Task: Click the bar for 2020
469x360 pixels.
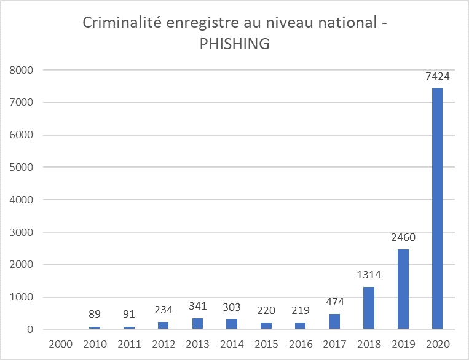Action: tap(437, 209)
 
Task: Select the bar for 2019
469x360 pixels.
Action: tap(403, 289)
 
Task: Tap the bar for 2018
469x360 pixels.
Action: tap(368, 308)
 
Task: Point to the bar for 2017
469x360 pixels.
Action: tap(334, 321)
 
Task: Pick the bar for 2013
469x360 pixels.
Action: tap(197, 324)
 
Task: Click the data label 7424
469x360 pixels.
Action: tap(437, 77)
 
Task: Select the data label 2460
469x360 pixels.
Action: tap(403, 238)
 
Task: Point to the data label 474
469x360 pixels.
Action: tap(334, 302)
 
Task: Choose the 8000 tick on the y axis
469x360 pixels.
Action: tap(21, 70)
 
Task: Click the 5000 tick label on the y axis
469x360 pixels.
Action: tap(21, 167)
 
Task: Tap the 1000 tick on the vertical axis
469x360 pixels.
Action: tap(21, 297)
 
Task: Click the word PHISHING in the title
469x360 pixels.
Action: tap(235, 44)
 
